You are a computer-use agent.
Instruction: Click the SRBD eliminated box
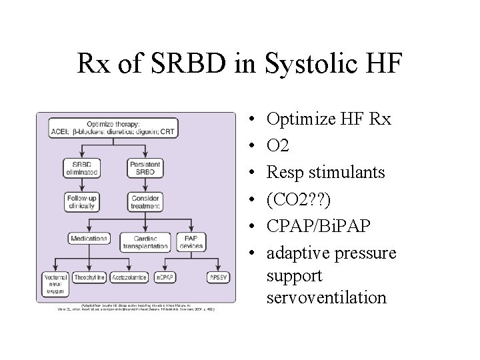coord(81,167)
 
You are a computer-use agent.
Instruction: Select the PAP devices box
coord(191,241)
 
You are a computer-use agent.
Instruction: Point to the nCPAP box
coord(167,276)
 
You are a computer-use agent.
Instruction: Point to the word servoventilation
coord(326,297)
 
